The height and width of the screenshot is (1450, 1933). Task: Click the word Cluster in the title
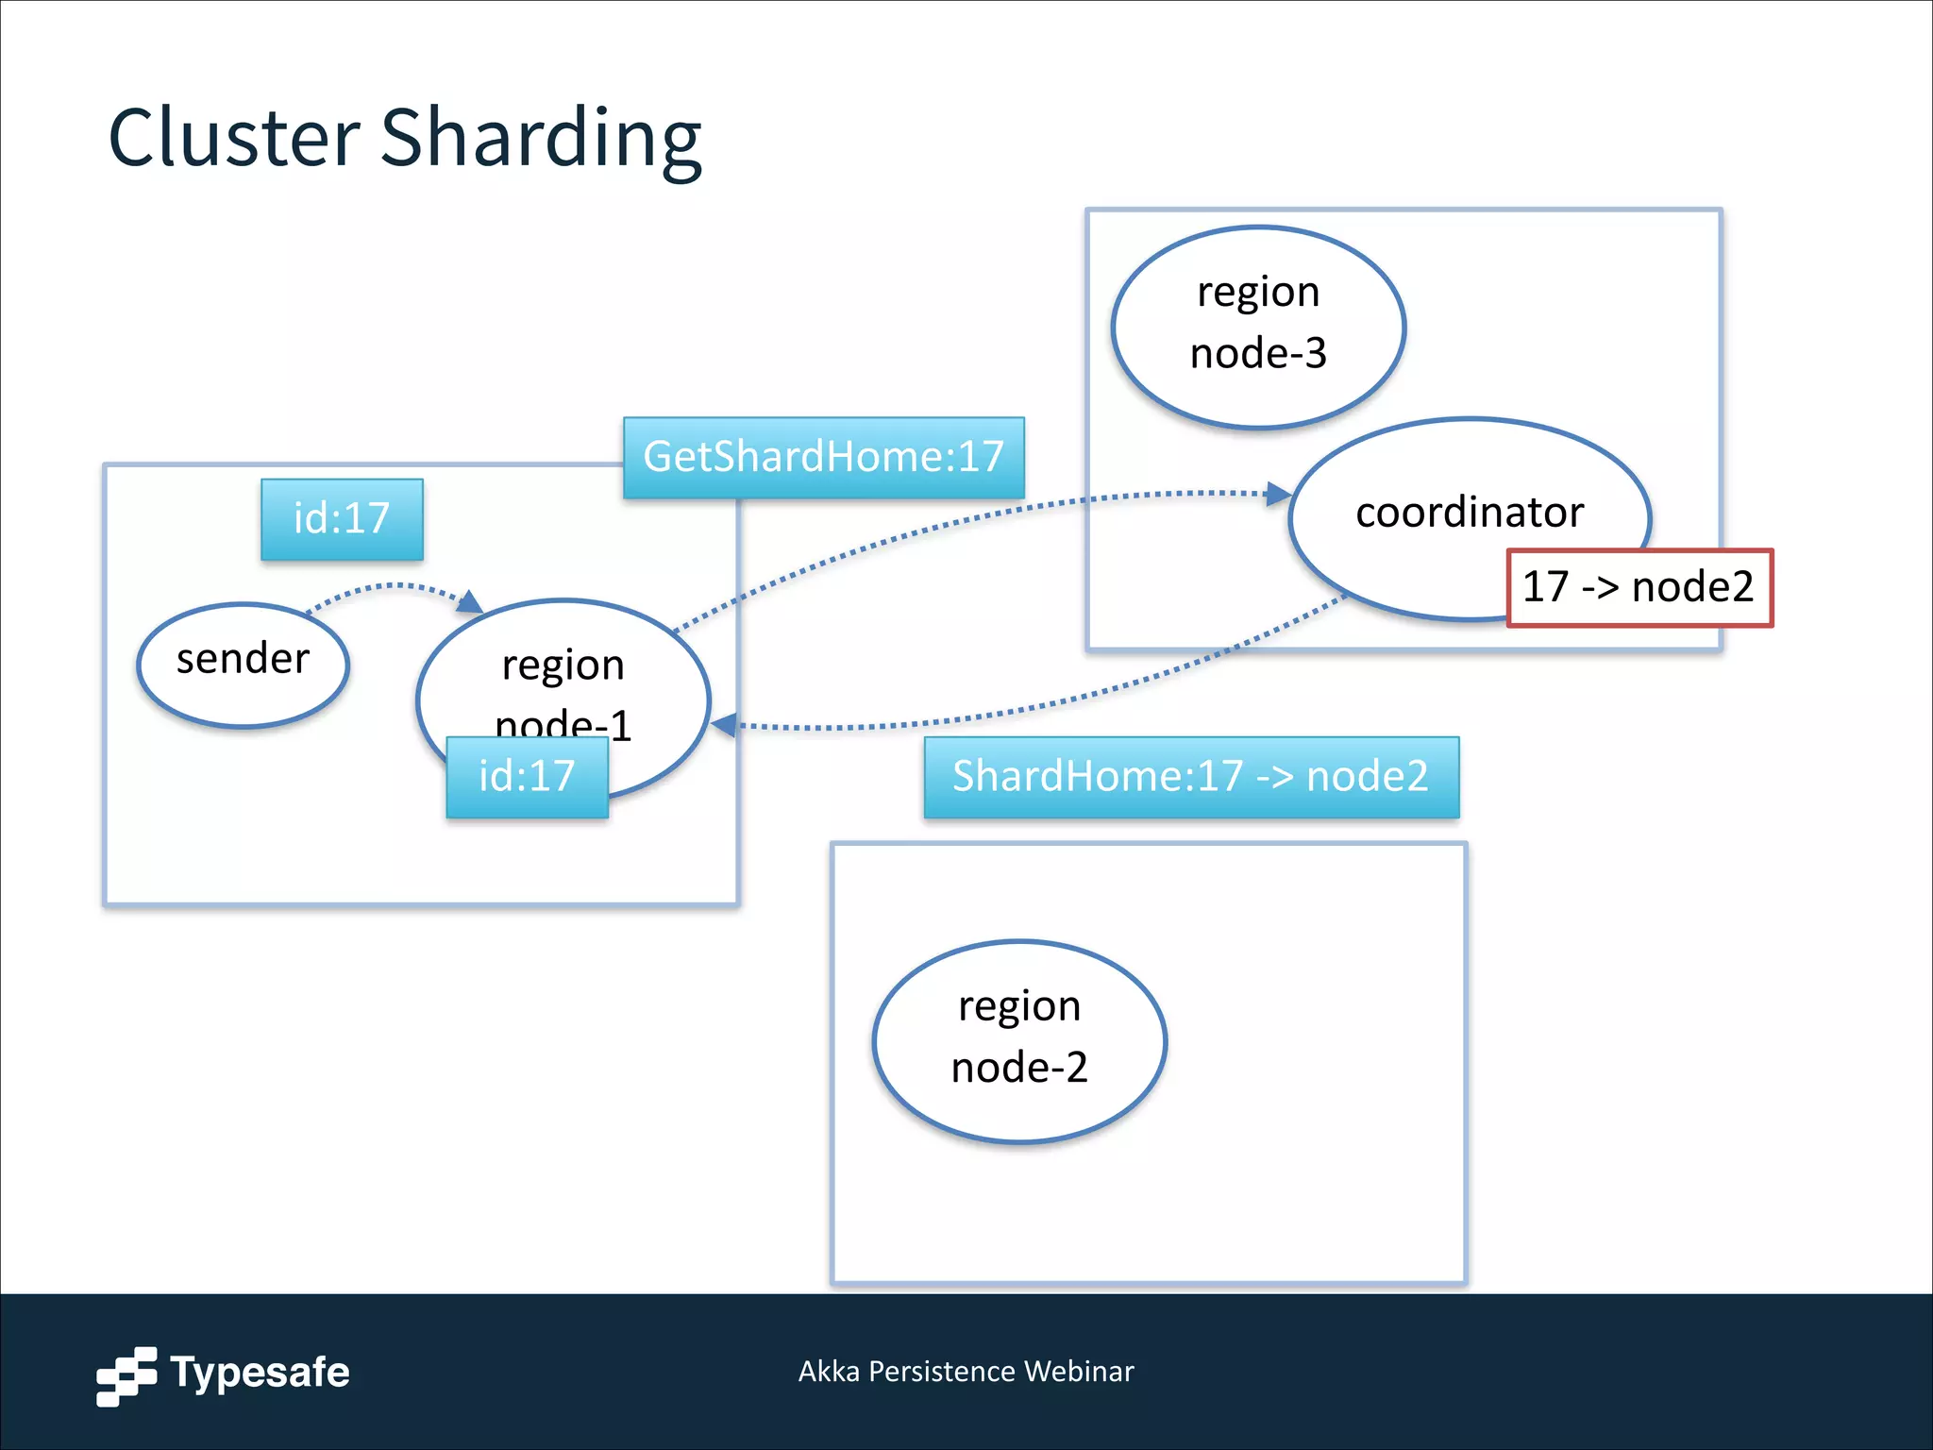tap(234, 139)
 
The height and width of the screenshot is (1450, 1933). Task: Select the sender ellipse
tap(244, 665)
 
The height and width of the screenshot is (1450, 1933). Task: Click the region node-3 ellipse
tap(1258, 326)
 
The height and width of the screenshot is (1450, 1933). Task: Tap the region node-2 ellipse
tap(1019, 1040)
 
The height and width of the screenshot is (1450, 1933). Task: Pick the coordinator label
tap(1469, 513)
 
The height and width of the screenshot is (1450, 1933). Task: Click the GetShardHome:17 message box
tap(823, 457)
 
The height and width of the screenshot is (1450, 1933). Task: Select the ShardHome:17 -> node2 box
tap(1190, 776)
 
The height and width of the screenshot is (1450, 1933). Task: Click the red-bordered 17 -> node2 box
tap(1639, 587)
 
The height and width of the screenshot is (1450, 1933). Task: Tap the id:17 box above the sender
tap(342, 518)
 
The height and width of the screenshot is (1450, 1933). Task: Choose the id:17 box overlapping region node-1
tap(527, 776)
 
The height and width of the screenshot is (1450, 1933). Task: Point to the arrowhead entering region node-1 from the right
tap(723, 725)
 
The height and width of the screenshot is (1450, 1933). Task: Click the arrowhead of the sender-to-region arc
tap(471, 601)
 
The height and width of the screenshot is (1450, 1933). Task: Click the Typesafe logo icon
tap(126, 1375)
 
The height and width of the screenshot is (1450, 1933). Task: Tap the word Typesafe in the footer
tap(260, 1372)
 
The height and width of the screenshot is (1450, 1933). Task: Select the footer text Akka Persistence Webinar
tap(966, 1371)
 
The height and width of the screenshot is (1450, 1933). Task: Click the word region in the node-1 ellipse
tap(563, 666)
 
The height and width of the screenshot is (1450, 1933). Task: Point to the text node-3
tap(1258, 354)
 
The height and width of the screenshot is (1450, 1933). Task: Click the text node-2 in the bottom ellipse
tap(1019, 1068)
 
